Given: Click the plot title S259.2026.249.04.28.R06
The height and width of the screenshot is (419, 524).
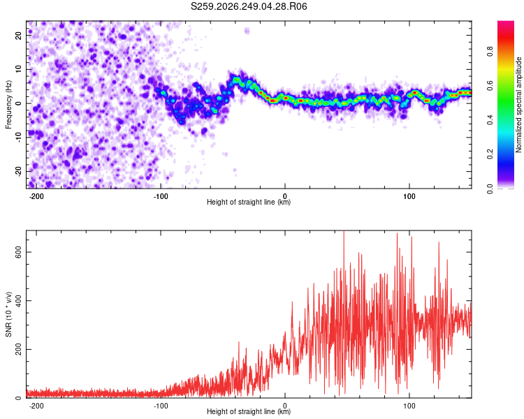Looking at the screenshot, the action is (249, 6).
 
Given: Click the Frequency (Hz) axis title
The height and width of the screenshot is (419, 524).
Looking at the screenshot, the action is (8, 105).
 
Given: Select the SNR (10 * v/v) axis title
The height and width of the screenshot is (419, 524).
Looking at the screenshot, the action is (8, 314).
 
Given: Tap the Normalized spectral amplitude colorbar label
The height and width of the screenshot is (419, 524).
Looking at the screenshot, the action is (518, 105).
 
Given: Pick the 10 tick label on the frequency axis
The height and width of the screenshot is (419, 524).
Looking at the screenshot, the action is (19, 69).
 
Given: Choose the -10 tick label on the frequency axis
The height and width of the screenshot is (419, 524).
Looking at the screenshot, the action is (19, 138).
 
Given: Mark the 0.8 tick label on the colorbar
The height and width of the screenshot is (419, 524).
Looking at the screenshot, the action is (490, 52).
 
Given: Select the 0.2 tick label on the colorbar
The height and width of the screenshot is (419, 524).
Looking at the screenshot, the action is (490, 154).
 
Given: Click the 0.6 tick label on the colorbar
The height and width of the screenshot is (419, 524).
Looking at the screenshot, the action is (490, 86).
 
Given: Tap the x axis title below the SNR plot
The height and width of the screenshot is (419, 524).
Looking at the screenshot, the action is (249, 411).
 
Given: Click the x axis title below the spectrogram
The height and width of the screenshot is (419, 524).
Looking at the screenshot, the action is (249, 202).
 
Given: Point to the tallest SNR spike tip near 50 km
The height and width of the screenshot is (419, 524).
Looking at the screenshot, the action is (344, 231).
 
